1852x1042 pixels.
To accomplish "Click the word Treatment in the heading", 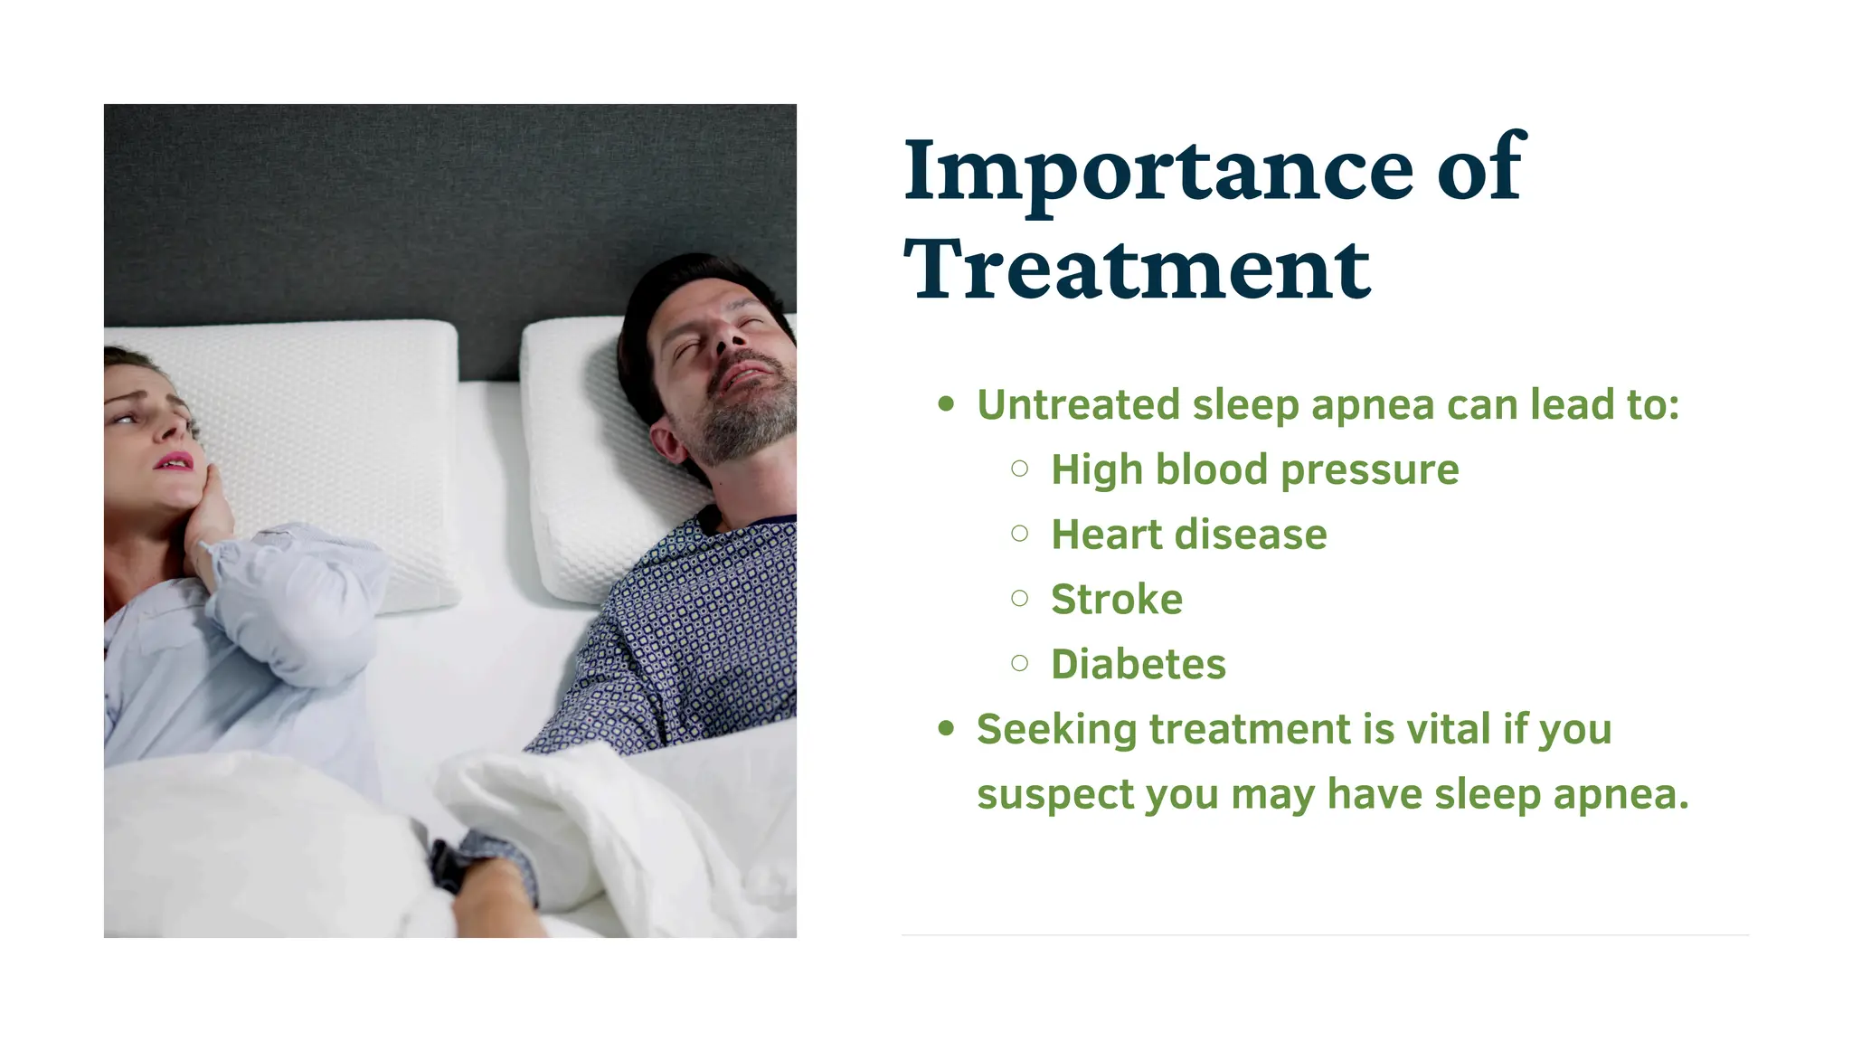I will tap(1137, 270).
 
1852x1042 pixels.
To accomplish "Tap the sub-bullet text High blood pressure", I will tap(1254, 470).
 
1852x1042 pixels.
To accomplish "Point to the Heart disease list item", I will tap(1188, 535).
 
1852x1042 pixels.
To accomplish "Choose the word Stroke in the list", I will tap(1116, 600).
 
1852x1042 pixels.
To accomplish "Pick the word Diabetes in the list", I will tap(1138, 665).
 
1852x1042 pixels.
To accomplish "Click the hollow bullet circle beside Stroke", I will tap(1020, 598).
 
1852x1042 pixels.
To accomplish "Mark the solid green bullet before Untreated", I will tap(946, 404).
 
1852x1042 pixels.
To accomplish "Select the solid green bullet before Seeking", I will tap(946, 728).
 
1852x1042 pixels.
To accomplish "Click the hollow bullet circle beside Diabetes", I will tap(1020, 663).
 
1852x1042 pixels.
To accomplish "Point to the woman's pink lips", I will tap(174, 461).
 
